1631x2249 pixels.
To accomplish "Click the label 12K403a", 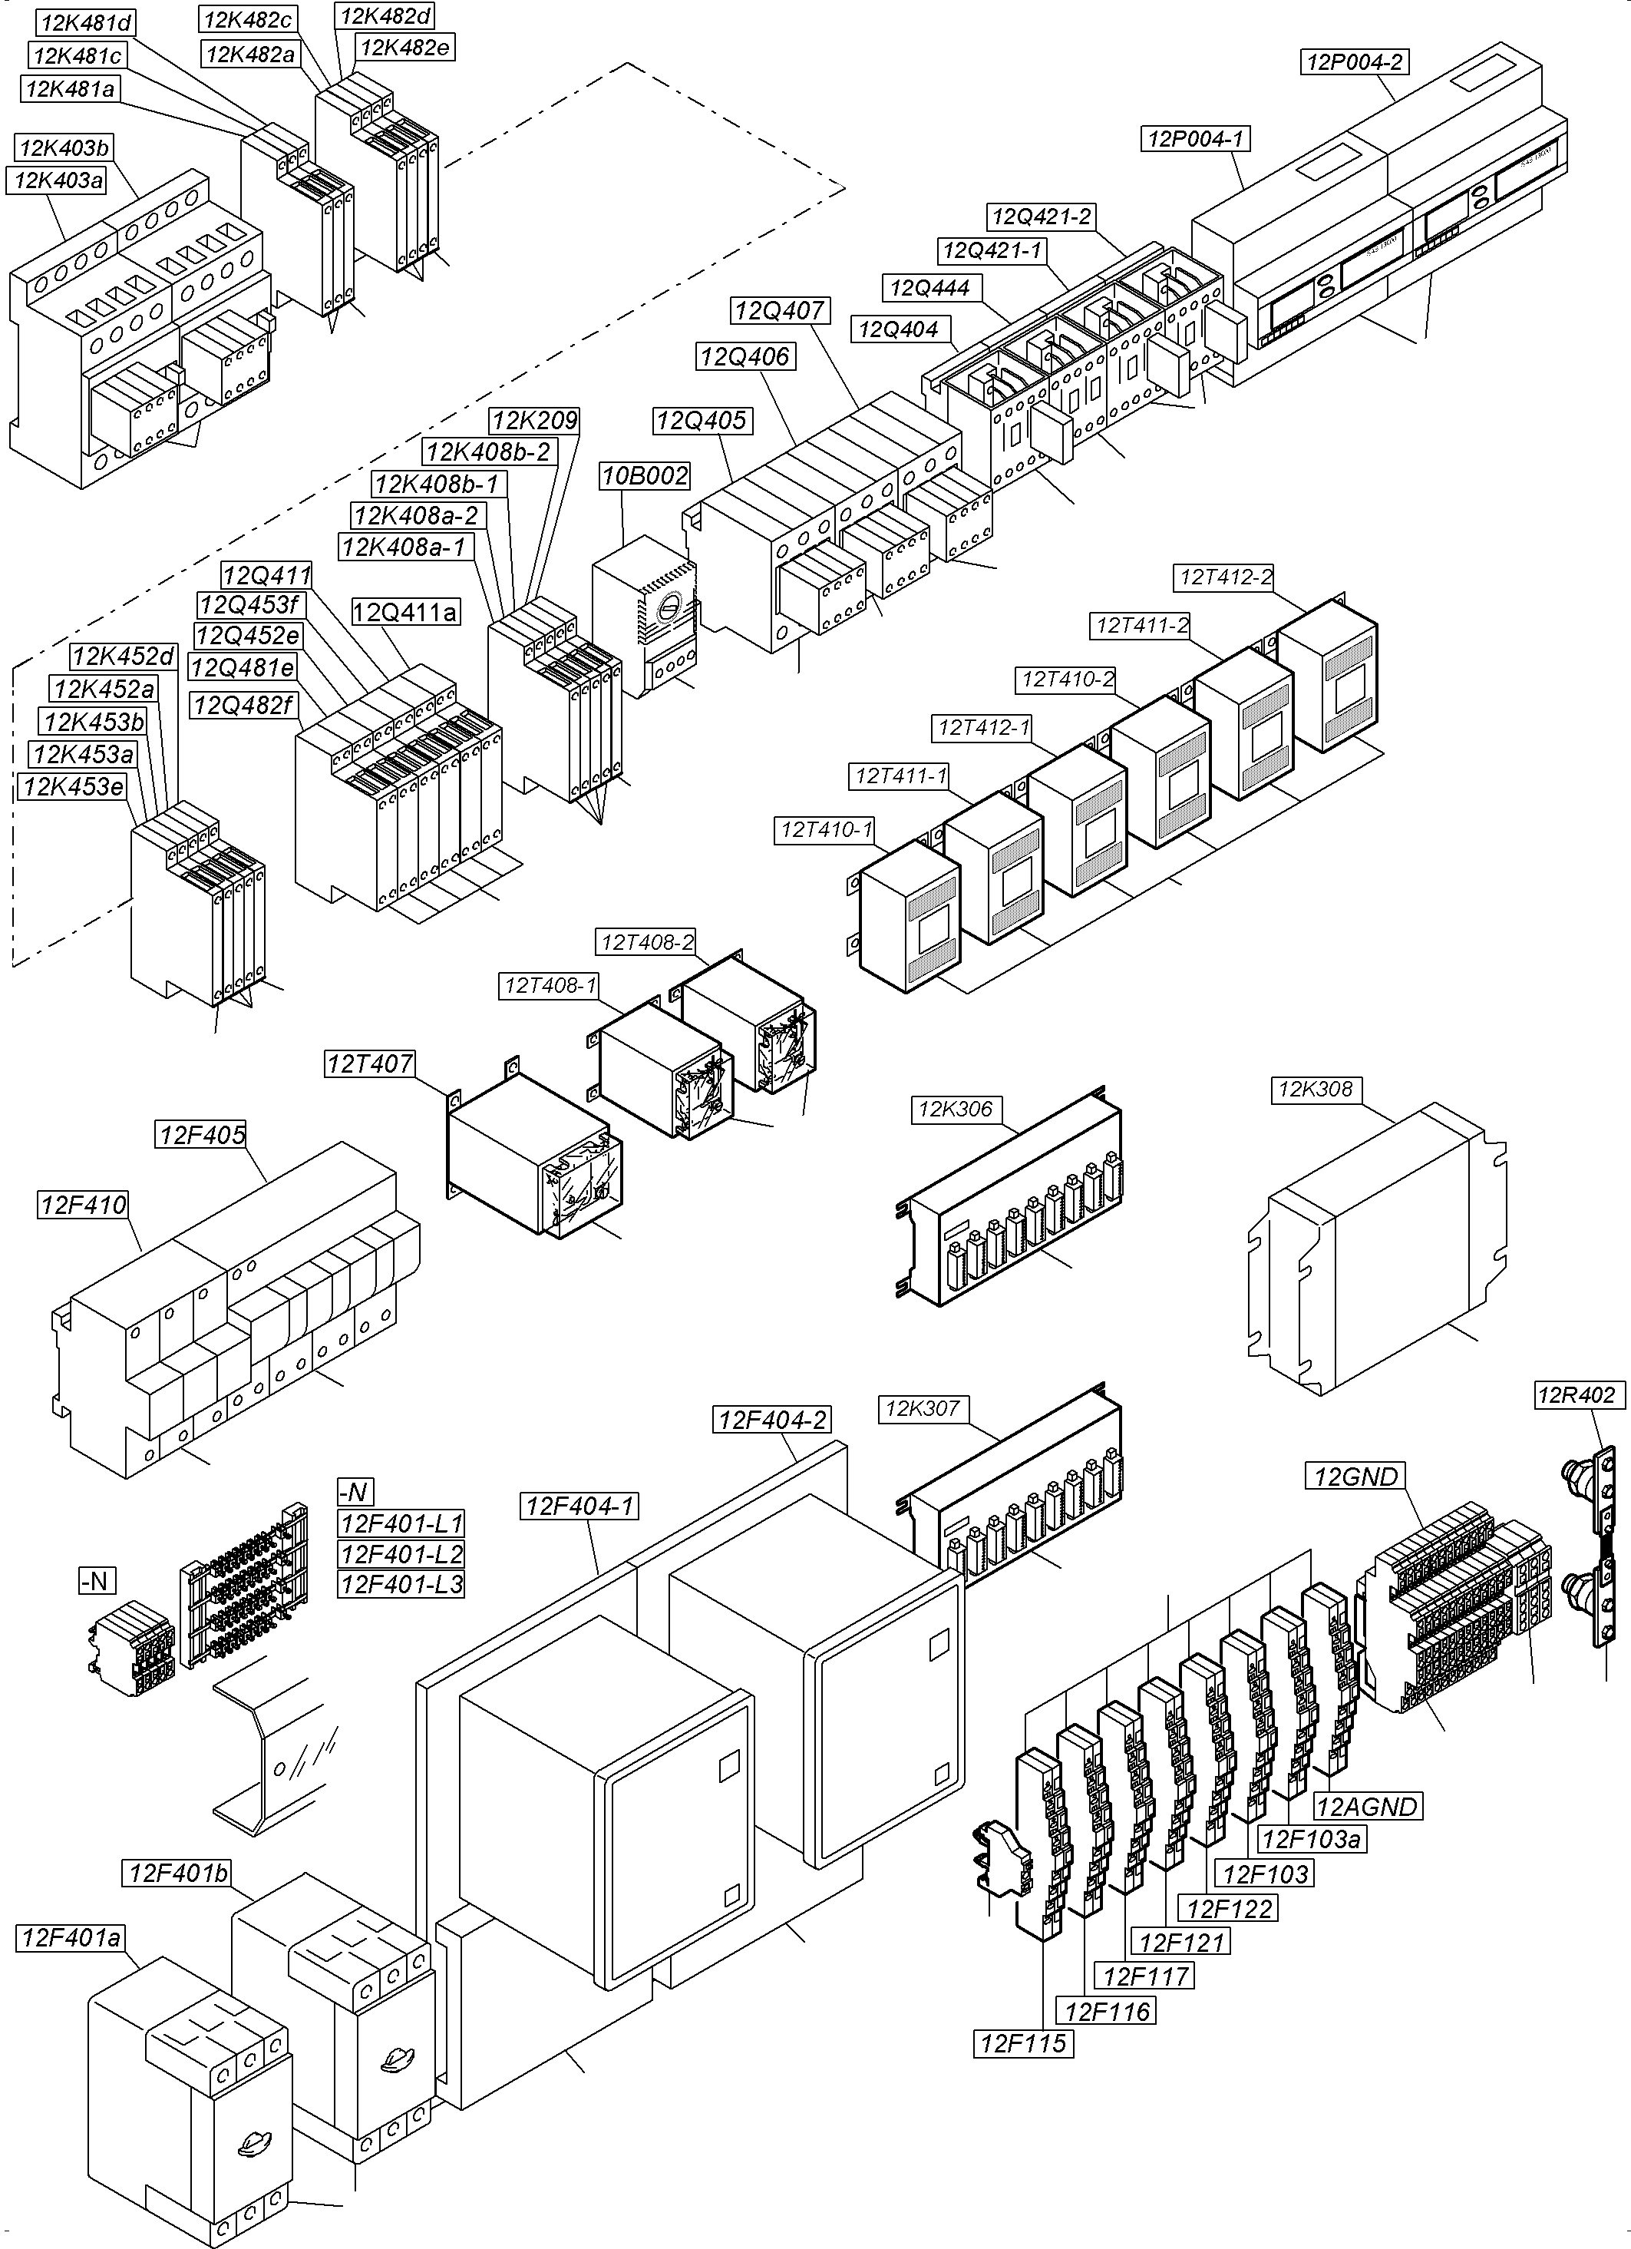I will (x=58, y=180).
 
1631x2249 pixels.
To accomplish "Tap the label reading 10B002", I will (x=645, y=476).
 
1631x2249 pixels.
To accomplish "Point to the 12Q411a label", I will (x=405, y=612).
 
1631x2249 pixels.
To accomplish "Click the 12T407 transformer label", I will (x=370, y=1064).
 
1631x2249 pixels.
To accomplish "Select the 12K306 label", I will (x=955, y=1109).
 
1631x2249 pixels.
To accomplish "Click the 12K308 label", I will (x=1316, y=1090).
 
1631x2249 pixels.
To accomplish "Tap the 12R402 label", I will (x=1577, y=1395).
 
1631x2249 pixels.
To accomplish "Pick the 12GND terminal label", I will (x=1355, y=1477).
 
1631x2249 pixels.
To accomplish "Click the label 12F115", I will (x=1023, y=2044).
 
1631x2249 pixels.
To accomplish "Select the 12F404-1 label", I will (x=579, y=1506).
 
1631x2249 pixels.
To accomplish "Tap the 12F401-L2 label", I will (x=401, y=1554).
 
